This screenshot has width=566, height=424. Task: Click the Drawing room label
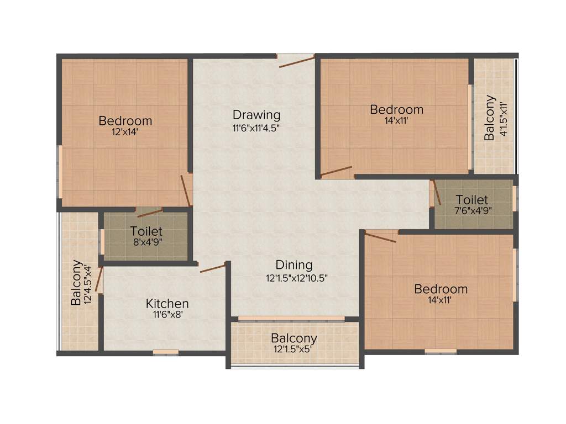point(256,115)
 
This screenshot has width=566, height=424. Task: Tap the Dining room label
point(294,266)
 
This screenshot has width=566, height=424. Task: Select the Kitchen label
point(167,304)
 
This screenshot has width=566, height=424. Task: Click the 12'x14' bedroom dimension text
point(125,132)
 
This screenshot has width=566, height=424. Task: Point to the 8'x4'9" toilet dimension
point(146,242)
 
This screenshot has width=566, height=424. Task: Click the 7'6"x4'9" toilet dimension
point(472,210)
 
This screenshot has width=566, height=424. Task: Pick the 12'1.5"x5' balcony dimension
point(294,349)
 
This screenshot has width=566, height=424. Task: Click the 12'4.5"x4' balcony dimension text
point(87,283)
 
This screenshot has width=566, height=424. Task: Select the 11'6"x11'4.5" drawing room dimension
point(256,127)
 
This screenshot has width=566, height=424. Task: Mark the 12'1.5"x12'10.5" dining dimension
point(297,278)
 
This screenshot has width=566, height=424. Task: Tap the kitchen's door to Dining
point(213,268)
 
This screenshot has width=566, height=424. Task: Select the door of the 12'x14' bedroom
point(186,191)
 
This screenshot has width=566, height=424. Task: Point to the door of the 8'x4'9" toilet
point(148,210)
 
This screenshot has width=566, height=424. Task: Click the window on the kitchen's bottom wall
point(166,352)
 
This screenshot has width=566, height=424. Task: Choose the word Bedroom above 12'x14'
point(125,120)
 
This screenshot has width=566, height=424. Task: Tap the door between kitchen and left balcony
point(99,279)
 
